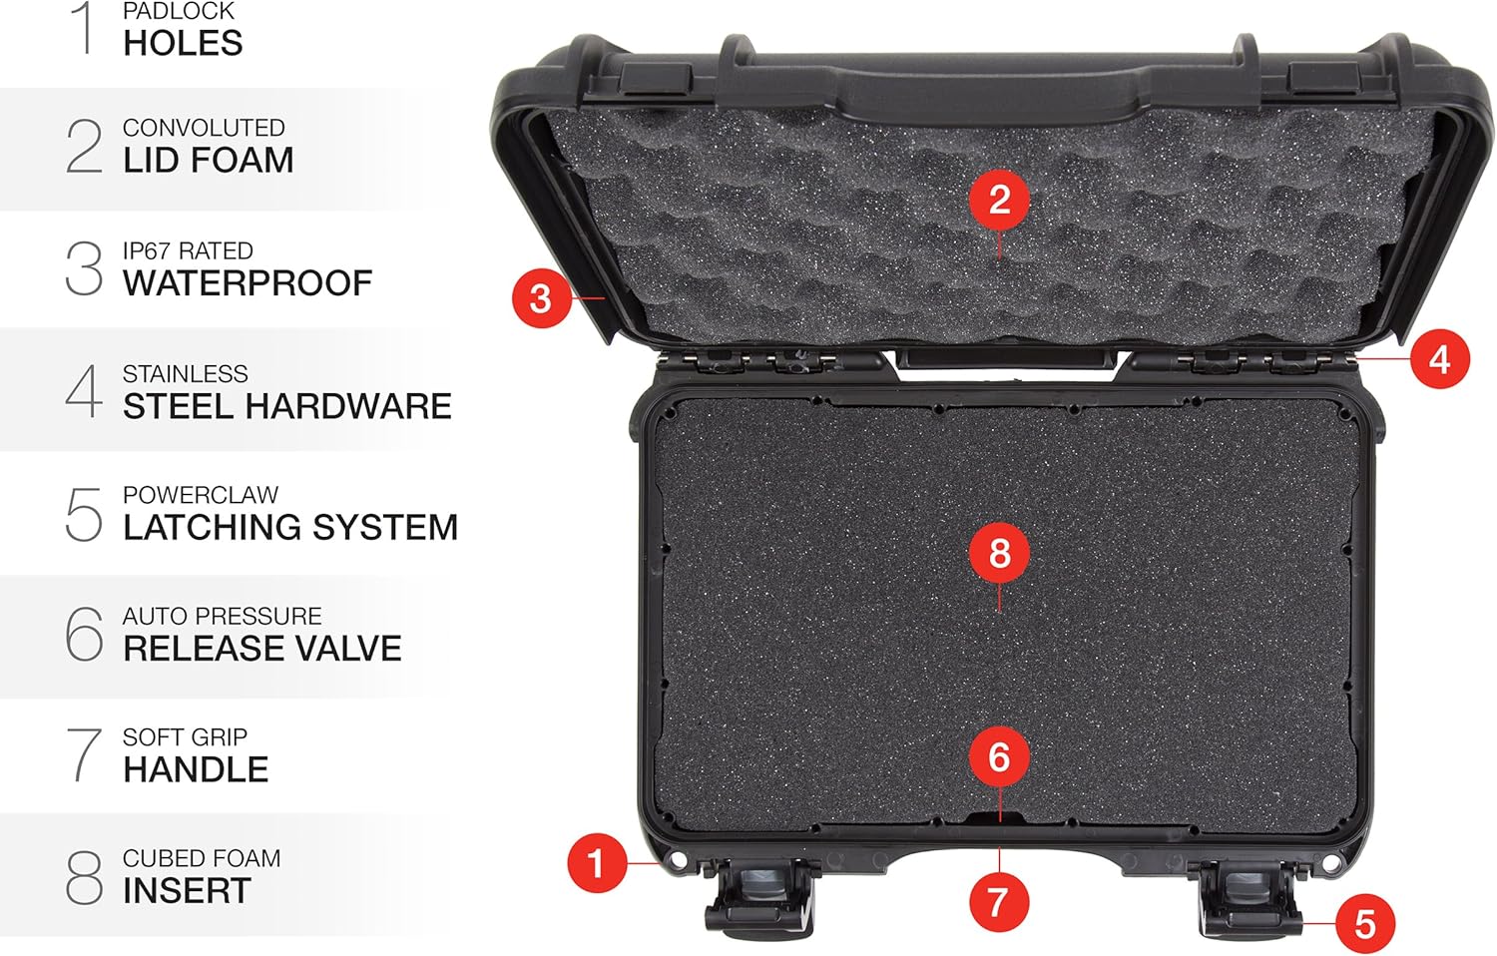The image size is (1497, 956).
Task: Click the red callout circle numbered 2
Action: coord(999,200)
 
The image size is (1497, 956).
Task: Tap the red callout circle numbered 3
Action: coord(540,297)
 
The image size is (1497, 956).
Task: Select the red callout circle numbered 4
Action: coord(1439,359)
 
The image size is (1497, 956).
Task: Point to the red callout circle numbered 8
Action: coord(999,553)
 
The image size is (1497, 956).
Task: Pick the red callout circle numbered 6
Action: coord(999,757)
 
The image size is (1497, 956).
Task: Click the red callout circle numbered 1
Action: coord(596,863)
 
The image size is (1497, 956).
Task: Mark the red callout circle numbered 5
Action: coord(1365,923)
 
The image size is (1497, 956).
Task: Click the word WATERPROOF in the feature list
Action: coord(248,283)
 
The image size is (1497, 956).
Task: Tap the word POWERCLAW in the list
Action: coord(201,495)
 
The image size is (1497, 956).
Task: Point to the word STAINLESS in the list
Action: coord(185,374)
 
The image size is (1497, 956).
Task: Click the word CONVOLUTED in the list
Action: coord(204,128)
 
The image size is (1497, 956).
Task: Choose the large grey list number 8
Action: coord(84,877)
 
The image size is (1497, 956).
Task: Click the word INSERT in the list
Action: coord(187,890)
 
